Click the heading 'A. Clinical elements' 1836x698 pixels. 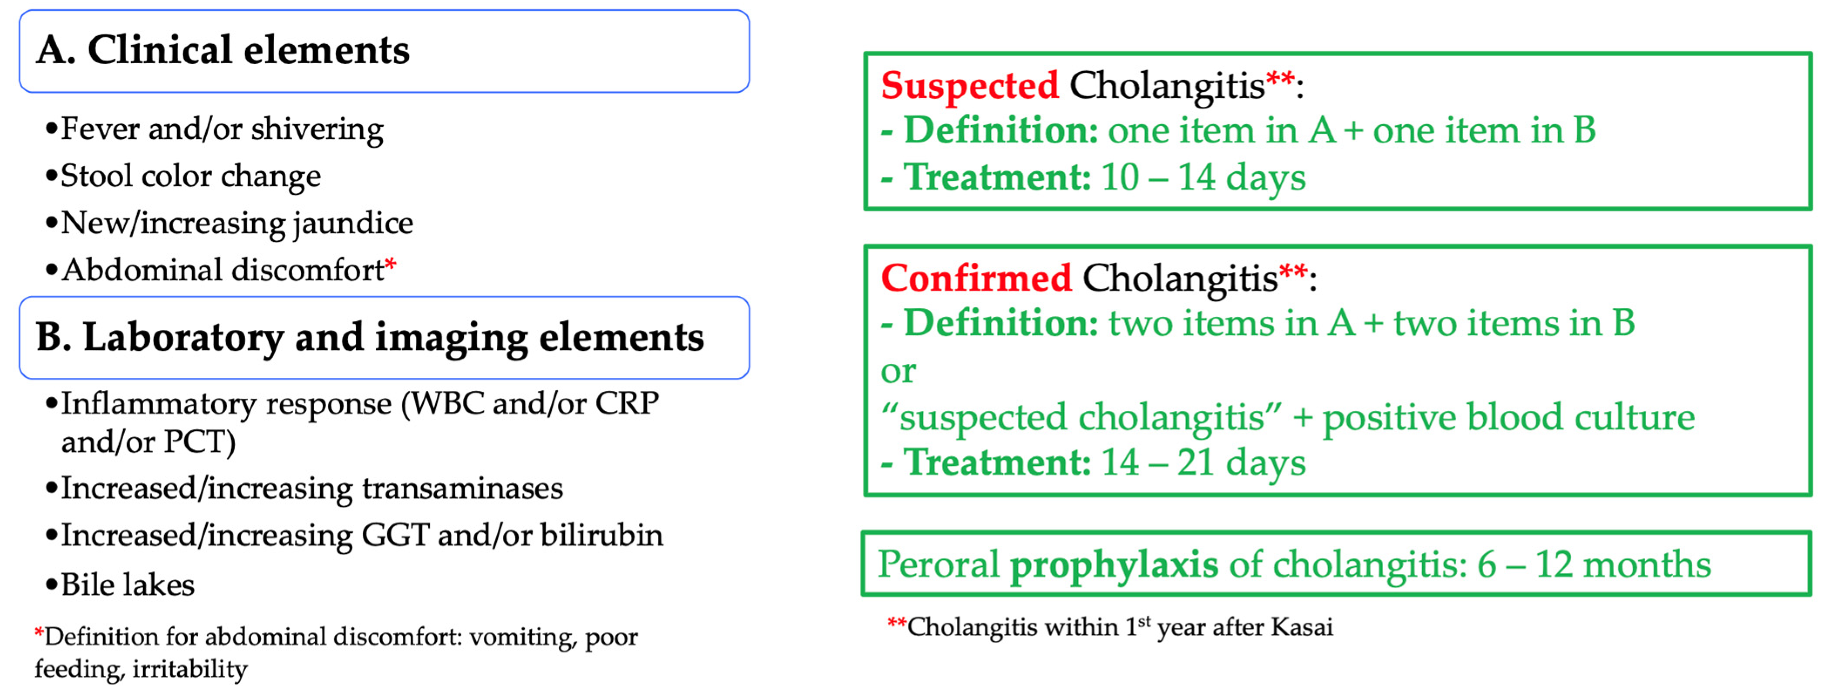tap(223, 50)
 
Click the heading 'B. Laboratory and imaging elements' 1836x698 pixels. tap(370, 337)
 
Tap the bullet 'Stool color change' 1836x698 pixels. tap(183, 176)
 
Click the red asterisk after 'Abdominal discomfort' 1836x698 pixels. tap(391, 266)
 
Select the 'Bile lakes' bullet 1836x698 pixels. tap(120, 585)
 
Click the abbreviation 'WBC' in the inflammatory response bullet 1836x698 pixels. tap(448, 403)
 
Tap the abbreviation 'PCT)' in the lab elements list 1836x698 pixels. tap(199, 442)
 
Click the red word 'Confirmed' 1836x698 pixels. tap(976, 278)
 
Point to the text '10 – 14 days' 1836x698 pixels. tap(1203, 177)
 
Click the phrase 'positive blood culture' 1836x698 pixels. tap(1509, 417)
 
